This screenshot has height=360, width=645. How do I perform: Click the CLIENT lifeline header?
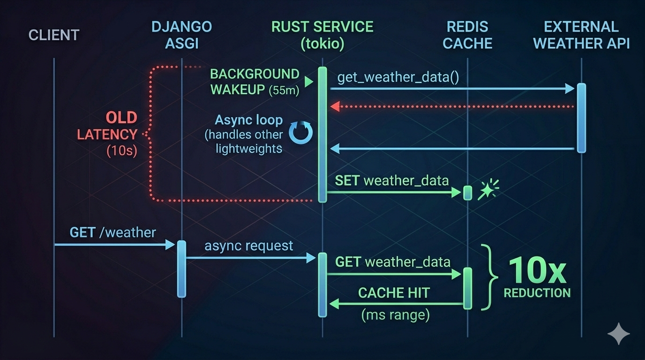54,35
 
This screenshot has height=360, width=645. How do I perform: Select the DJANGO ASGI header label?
181,35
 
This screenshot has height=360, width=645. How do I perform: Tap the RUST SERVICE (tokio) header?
322,35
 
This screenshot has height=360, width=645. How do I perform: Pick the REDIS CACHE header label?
467,35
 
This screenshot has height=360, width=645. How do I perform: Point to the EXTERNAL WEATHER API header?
581,35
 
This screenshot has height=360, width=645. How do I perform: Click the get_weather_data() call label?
398,77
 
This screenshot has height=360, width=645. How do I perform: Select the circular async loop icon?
300,133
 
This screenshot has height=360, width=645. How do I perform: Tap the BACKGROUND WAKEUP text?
255,82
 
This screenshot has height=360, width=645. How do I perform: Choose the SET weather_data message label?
392,180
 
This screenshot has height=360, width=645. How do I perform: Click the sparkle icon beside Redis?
488,190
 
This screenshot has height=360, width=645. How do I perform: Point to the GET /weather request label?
112,232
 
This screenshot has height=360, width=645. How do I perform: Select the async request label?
249,246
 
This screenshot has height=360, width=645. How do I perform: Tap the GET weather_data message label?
393,262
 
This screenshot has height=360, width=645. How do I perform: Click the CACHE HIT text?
394,293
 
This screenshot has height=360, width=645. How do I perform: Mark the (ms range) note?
395,315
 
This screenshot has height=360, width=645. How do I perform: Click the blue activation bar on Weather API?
581,118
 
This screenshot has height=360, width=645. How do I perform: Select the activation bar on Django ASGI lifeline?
181,269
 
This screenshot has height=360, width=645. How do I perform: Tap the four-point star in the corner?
618,333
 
